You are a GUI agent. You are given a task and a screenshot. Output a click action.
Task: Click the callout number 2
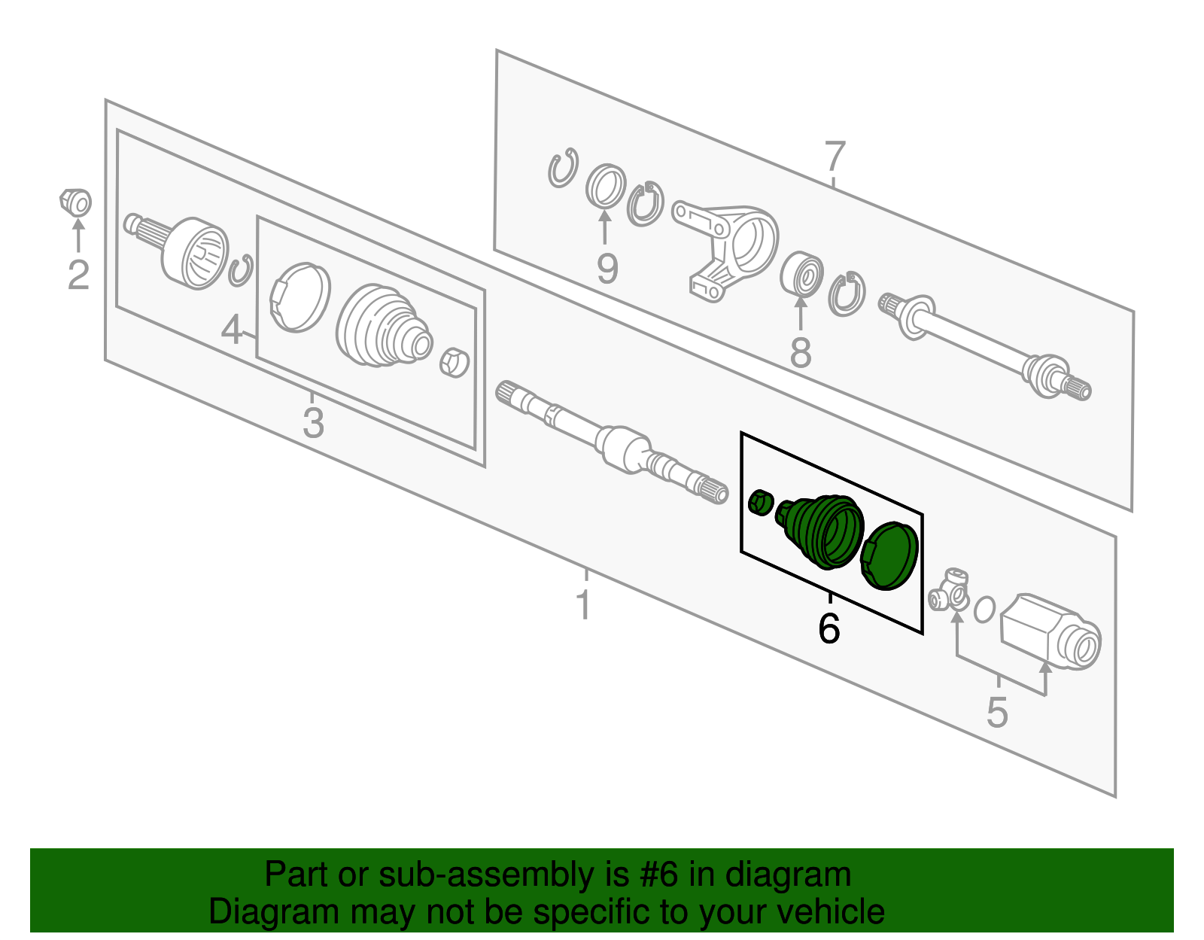pyautogui.click(x=78, y=275)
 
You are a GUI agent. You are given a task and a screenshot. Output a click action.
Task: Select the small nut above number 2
pyautogui.click(x=76, y=202)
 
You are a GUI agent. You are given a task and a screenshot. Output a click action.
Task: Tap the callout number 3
pyautogui.click(x=313, y=423)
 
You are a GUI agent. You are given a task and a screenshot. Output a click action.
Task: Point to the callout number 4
pyautogui.click(x=232, y=330)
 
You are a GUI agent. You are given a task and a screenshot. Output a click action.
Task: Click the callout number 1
pyautogui.click(x=584, y=605)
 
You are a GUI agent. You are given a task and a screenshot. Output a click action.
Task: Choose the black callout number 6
pyautogui.click(x=829, y=628)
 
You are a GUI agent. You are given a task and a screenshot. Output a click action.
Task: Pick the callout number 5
pyautogui.click(x=997, y=713)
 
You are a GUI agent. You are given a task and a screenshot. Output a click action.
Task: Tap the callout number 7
pyautogui.click(x=835, y=156)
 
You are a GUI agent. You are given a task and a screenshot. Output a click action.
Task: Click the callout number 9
pyautogui.click(x=607, y=269)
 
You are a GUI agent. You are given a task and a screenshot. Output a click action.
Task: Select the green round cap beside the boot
pyautogui.click(x=889, y=555)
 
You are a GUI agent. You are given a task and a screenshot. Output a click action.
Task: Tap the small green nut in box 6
pyautogui.click(x=760, y=503)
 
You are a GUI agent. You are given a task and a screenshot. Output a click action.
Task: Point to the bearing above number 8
pyautogui.click(x=801, y=275)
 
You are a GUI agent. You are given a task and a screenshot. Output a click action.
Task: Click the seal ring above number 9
pyautogui.click(x=606, y=186)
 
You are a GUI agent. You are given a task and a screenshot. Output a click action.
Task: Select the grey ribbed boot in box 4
pyautogui.click(x=384, y=326)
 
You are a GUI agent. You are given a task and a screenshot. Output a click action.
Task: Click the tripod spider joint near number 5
pyautogui.click(x=950, y=591)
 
